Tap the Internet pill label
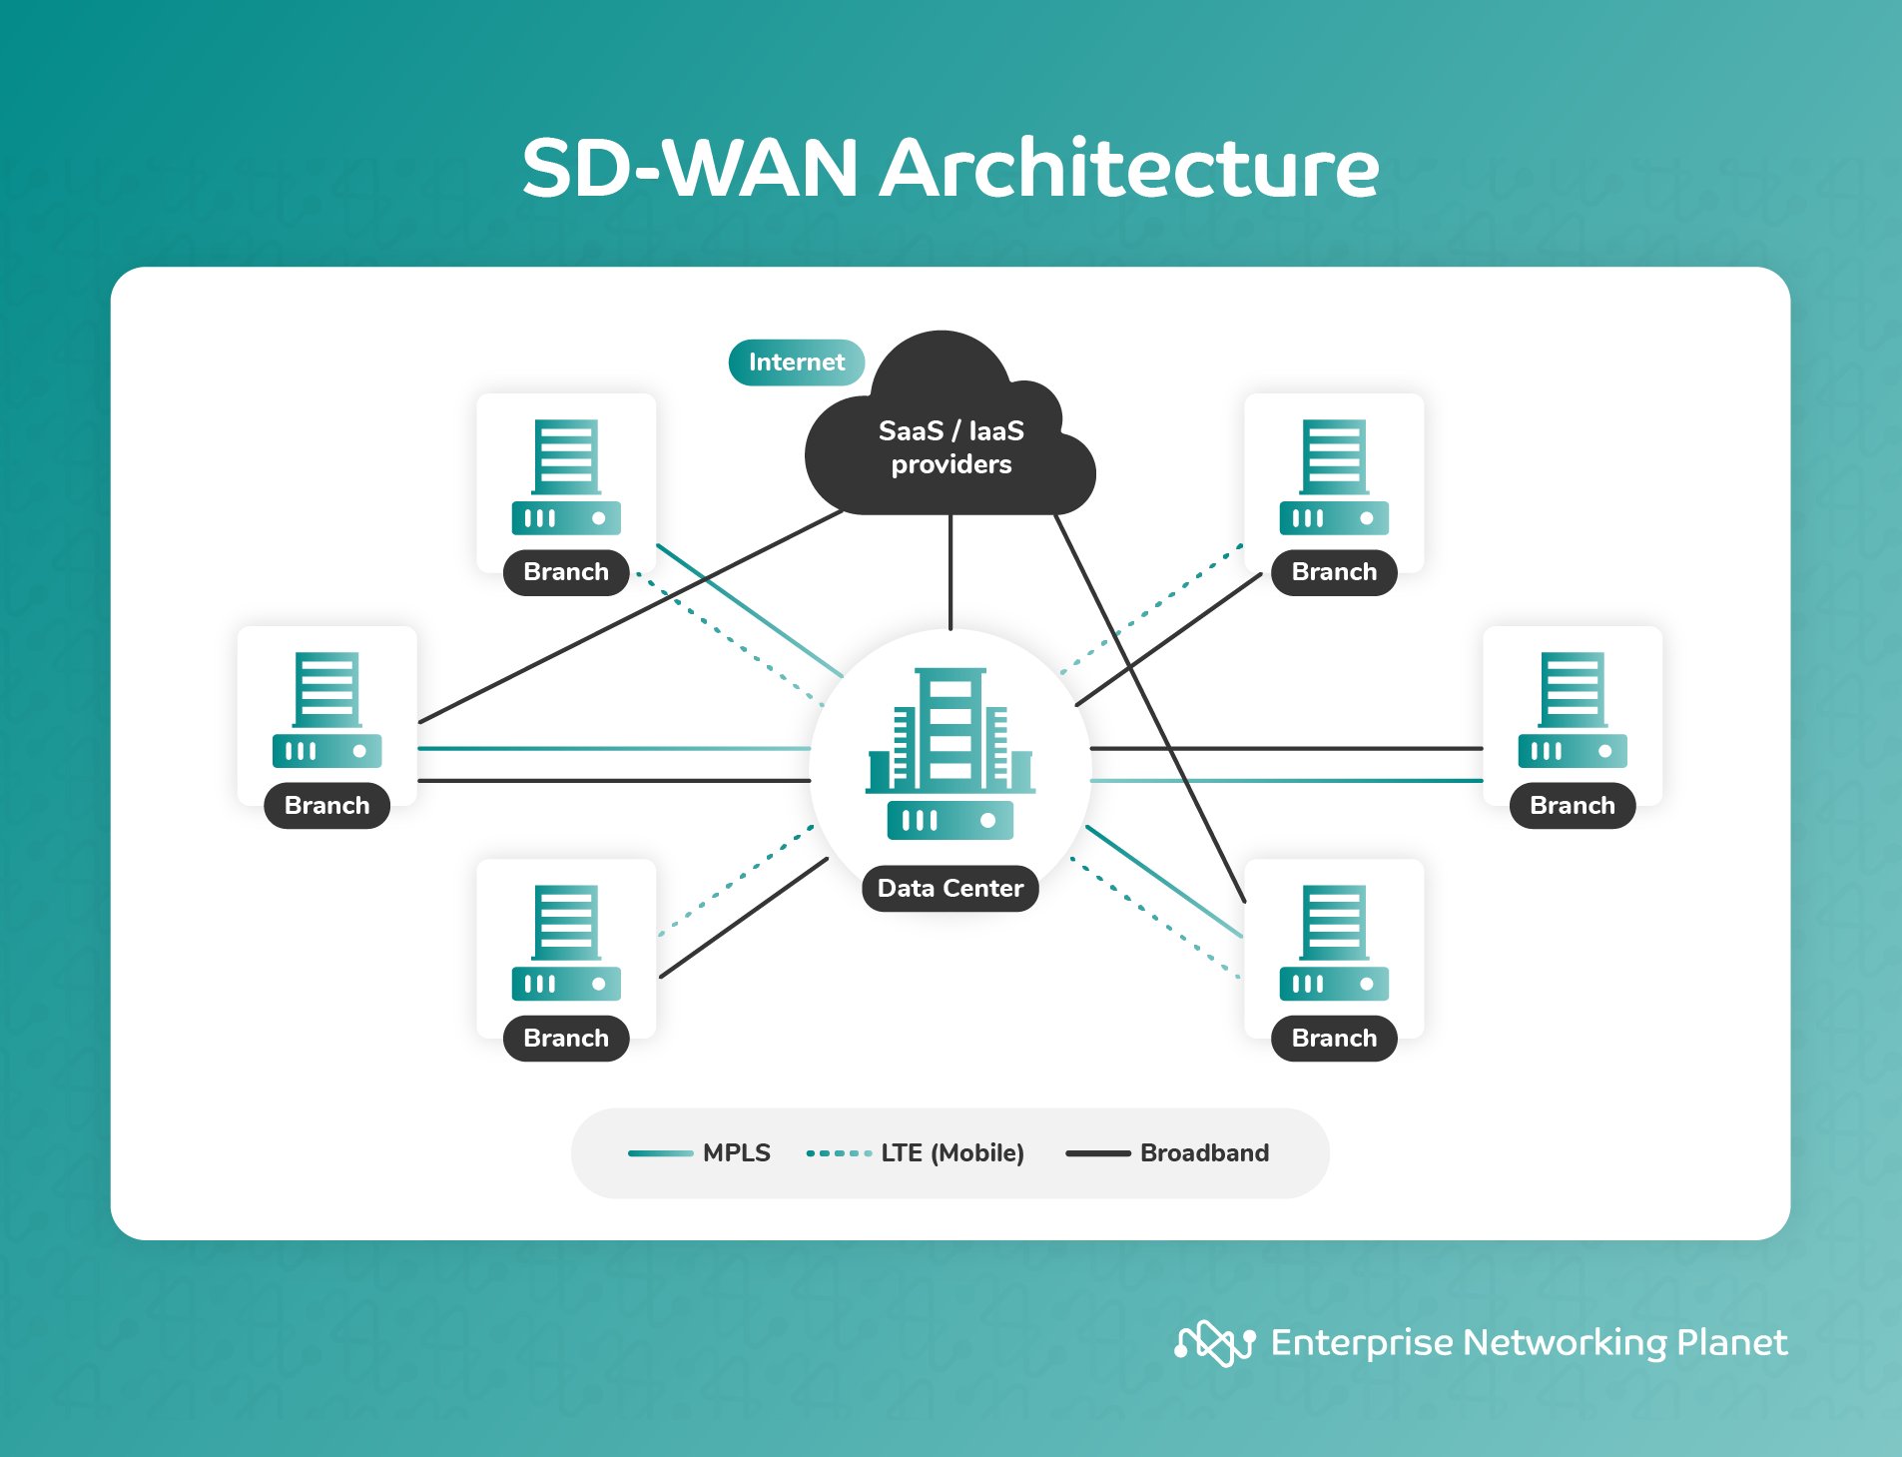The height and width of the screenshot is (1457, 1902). (796, 362)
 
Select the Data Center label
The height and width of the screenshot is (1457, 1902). (950, 888)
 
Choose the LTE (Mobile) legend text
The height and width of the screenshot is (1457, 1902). (951, 1152)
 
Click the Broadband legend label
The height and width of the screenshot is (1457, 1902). (1204, 1152)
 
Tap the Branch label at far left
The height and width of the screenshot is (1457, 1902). (326, 805)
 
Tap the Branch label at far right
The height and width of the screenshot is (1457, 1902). (1572, 805)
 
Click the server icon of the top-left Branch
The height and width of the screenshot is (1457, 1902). (566, 476)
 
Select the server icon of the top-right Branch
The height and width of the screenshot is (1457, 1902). (1334, 476)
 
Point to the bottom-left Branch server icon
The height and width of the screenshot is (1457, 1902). (566, 942)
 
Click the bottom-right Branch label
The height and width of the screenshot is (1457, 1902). (1334, 1038)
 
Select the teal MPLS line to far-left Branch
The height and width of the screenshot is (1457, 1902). (614, 748)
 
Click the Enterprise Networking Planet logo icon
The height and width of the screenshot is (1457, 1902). (1214, 1343)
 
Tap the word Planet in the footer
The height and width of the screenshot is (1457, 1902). (1731, 1343)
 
